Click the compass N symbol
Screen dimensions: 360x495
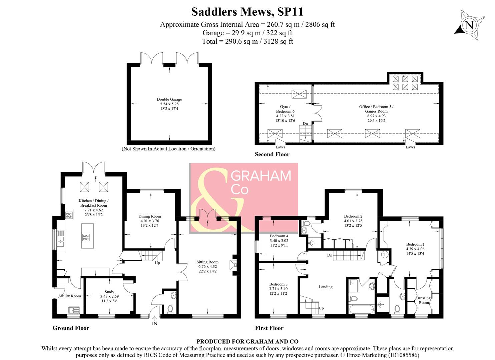469,26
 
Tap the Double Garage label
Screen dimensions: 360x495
169,99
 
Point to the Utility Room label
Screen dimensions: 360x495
70,296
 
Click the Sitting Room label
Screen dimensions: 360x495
207,262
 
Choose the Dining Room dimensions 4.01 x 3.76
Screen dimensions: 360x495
149,221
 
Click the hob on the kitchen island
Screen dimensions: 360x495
86,238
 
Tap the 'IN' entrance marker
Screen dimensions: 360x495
154,323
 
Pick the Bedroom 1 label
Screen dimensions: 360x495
415,244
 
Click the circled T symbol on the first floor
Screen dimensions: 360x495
385,254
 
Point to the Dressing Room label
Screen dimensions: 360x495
424,300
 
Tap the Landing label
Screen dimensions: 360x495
326,287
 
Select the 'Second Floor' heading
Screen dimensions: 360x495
272,154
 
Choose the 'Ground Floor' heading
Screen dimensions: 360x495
71,328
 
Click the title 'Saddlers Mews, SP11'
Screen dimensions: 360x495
247,12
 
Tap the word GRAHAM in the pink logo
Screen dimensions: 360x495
261,176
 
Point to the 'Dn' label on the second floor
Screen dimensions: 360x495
305,124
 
